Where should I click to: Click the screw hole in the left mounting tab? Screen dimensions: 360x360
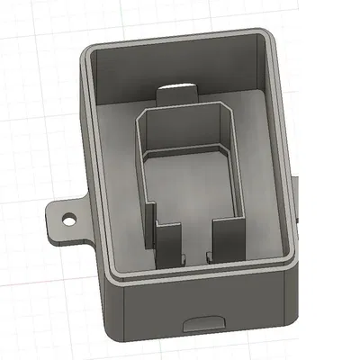pyautogui.click(x=67, y=219)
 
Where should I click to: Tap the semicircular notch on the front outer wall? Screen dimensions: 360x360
pyautogui.click(x=203, y=321)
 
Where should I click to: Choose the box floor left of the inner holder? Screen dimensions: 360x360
pyautogui.click(x=117, y=180)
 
